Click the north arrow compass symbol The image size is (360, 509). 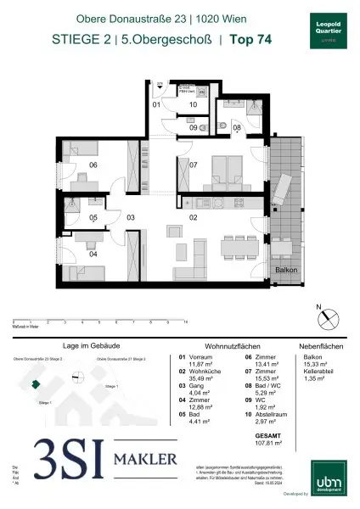click(323, 317)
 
